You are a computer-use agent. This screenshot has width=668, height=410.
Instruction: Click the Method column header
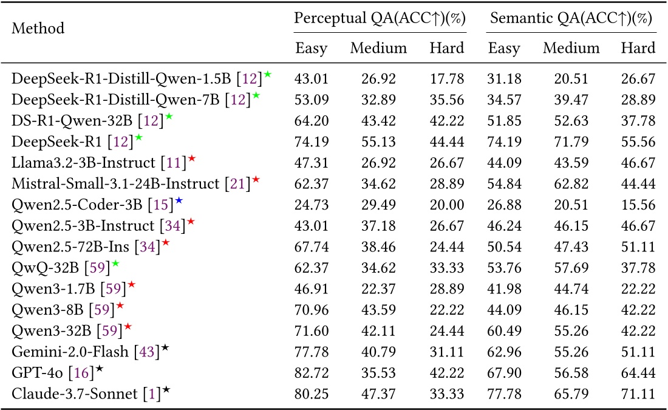(38, 29)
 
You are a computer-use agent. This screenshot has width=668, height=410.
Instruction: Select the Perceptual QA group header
(380, 18)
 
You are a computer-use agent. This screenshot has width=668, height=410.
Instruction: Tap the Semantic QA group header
(571, 18)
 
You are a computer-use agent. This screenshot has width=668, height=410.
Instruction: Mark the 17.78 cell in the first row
(446, 78)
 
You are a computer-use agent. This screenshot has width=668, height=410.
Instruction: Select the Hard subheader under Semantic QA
(638, 48)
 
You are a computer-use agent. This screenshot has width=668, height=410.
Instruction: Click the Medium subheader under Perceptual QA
(378, 48)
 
